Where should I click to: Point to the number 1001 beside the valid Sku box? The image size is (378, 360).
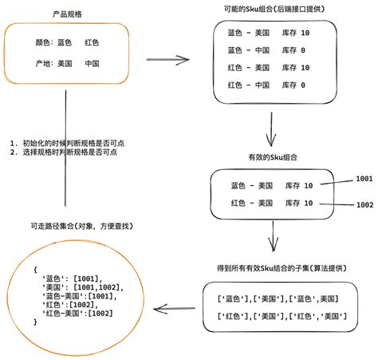[x=364, y=179]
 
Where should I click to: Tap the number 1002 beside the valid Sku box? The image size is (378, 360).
[x=364, y=205]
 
